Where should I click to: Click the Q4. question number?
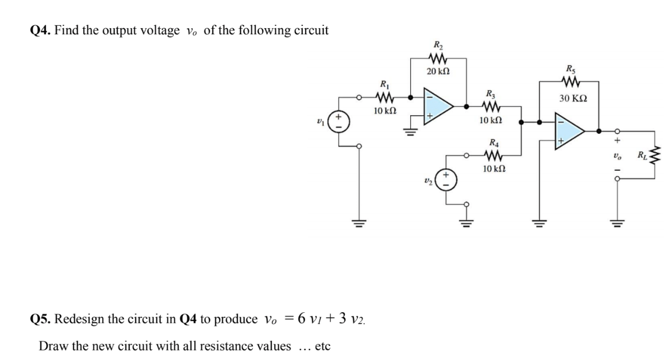point(40,30)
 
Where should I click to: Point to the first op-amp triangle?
point(438,105)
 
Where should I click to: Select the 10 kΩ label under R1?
point(385,111)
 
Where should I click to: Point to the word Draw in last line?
point(51,345)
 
